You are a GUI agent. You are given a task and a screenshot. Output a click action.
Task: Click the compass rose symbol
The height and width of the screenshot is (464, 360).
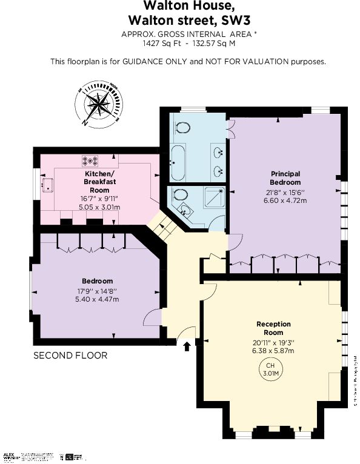(98, 104)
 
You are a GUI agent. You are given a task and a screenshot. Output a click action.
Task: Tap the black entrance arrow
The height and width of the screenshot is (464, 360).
(187, 346)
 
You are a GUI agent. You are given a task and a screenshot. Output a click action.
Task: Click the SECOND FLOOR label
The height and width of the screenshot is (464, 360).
(70, 356)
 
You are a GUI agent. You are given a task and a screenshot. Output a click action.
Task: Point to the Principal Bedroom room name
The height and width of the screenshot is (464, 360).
(285, 178)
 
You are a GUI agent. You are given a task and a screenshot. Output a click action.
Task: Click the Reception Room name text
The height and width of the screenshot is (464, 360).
(273, 328)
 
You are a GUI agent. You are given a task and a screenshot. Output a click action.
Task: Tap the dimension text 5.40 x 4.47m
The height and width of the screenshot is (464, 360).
(98, 299)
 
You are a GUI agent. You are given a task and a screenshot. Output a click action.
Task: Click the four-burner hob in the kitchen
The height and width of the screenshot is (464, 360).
(92, 161)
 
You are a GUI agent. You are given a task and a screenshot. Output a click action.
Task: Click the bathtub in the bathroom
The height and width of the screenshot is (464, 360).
(178, 163)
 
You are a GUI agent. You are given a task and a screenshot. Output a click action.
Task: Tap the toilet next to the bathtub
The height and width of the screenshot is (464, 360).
(183, 127)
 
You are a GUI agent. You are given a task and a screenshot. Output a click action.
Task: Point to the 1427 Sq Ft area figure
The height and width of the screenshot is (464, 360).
(156, 43)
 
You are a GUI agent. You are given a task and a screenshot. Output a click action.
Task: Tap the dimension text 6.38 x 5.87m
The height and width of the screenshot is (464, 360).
(273, 351)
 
